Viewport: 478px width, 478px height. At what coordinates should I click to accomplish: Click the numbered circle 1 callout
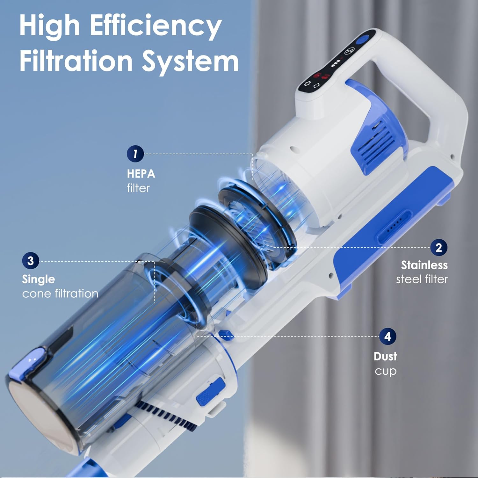tap(135, 154)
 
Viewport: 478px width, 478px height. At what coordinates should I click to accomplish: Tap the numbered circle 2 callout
tap(438, 247)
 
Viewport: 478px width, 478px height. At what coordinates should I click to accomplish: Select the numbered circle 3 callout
tap(30, 261)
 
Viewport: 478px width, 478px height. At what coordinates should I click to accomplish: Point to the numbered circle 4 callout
tap(387, 337)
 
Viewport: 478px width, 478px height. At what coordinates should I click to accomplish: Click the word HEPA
tap(141, 174)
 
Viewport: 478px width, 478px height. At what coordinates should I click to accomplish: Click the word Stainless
tap(424, 265)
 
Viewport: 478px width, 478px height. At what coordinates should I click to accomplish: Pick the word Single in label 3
tap(38, 279)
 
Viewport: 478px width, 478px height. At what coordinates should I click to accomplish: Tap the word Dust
tap(385, 356)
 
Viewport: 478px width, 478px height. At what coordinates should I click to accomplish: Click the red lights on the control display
tap(321, 76)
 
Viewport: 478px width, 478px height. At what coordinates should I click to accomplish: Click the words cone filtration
tap(60, 293)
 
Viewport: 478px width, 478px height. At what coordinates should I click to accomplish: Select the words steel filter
tap(422, 279)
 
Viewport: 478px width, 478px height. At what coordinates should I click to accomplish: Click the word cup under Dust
tap(385, 371)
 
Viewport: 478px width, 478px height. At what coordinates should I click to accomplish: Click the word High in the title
tap(49, 26)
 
